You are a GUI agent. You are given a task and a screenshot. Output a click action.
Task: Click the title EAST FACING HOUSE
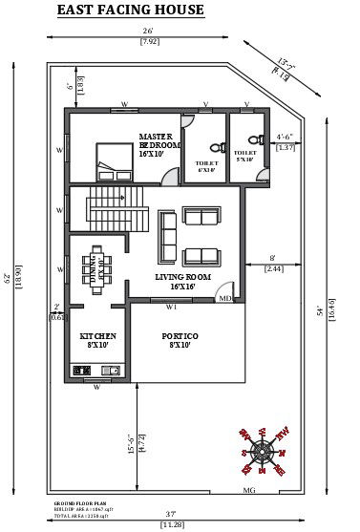click(130, 11)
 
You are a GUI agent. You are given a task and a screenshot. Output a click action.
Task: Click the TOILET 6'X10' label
click(206, 167)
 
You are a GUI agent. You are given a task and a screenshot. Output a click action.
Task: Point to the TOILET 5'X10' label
click(245, 156)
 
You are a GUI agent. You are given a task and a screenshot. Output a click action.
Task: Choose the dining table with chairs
click(96, 264)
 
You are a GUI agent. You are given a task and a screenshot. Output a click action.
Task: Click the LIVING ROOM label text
click(182, 281)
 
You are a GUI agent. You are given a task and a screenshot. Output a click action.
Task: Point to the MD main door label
click(224, 298)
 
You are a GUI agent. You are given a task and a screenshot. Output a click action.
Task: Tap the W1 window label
click(171, 308)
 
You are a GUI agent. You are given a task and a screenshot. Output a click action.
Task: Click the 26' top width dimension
click(149, 32)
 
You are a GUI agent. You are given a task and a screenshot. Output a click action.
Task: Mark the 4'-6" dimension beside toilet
click(285, 137)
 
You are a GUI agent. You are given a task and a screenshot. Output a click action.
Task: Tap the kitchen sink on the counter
click(113, 370)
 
